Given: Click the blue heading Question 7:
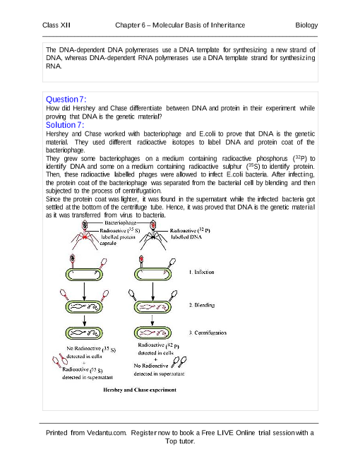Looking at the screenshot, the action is point(66,100).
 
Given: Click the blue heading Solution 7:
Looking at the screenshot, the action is point(65,125).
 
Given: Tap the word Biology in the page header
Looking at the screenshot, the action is point(306,25).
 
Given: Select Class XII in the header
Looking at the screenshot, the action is point(56,25).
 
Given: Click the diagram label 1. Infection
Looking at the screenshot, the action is point(201,272).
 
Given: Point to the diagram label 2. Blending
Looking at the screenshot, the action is point(202,305).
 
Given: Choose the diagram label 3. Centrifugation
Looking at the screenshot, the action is point(208,333).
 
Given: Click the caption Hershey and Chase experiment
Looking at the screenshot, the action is point(140,390).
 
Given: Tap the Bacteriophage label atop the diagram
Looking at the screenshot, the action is point(120,222).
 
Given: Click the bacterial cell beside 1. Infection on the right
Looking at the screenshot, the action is point(152,275).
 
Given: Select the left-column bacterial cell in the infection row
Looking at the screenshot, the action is point(84,275).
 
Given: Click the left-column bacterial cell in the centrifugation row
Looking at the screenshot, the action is point(84,333).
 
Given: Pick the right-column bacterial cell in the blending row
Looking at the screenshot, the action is point(152,307).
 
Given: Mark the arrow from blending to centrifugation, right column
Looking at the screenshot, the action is point(152,320).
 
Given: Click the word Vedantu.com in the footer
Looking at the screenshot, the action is point(107,433).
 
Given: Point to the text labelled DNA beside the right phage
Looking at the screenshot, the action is point(186,237).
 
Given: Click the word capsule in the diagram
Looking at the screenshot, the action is point(108,243).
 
